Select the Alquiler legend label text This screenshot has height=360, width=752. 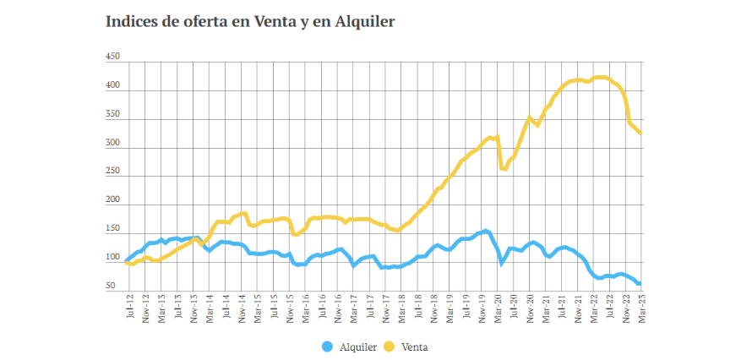357,346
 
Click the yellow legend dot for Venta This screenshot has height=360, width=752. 390,346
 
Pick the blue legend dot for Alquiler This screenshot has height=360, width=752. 328,346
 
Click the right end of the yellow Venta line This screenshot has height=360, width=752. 640,133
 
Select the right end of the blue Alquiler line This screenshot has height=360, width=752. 640,284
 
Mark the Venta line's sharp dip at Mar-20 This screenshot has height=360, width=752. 504,168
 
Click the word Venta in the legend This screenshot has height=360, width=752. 414,346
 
